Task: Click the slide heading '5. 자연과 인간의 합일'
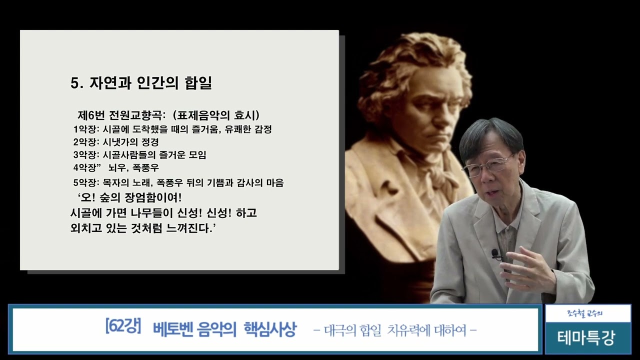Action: (x=141, y=83)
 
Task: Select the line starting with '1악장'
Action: (x=172, y=129)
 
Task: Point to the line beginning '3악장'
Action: (x=139, y=155)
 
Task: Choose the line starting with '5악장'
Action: (x=178, y=182)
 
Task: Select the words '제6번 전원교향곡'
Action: (x=117, y=115)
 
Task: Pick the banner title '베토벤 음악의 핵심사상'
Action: (x=225, y=329)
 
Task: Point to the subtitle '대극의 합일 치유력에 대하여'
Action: (x=394, y=330)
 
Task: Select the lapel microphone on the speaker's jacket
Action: (x=495, y=254)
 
